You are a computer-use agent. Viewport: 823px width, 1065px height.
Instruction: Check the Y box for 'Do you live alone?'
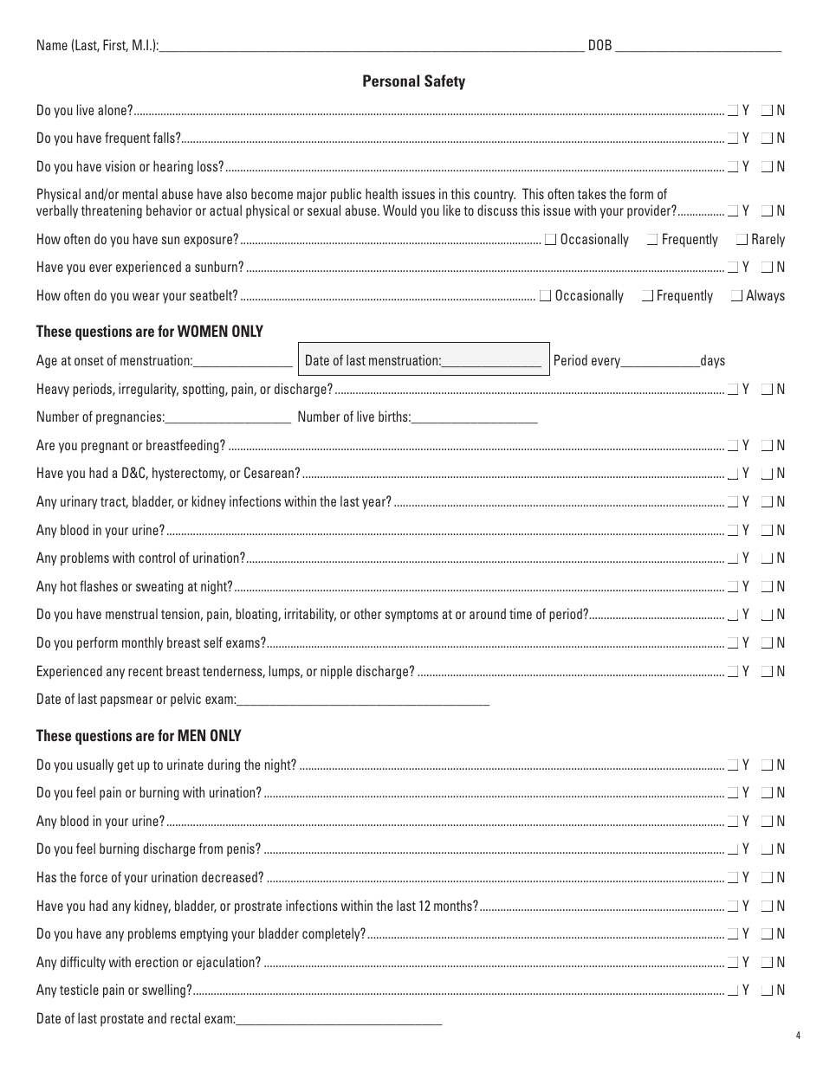733,110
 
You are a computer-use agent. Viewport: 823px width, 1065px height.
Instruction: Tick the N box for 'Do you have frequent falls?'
767,138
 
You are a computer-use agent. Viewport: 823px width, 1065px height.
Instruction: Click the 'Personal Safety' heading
413,81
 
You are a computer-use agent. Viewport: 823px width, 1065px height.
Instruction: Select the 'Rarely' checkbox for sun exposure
742,240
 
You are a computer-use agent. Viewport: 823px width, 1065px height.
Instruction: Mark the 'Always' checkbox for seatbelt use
737,296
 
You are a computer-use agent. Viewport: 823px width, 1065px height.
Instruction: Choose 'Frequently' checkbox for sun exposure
652,240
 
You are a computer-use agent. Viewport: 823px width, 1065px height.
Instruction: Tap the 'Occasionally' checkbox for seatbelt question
545,296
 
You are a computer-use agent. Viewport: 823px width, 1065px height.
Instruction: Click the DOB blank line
697,48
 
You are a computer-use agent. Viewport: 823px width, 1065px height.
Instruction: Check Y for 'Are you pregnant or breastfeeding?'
733,446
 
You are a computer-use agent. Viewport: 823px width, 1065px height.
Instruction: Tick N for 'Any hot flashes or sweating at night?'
767,587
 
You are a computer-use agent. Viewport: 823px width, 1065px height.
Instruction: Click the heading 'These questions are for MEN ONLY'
139,736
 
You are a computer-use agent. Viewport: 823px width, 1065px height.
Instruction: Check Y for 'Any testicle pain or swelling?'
733,991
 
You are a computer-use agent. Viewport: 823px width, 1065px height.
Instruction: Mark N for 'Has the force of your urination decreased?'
767,878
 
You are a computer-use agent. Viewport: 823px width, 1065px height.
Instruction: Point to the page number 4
797,1035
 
